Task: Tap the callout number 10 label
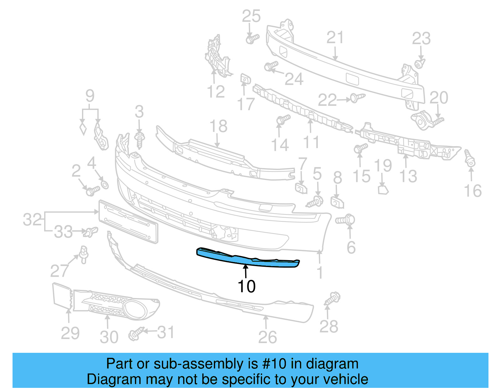[246, 286]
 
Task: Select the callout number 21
[335, 38]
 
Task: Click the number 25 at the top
[251, 16]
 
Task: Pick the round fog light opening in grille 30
[135, 309]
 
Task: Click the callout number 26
[267, 337]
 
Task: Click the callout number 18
[218, 126]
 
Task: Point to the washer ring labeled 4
[105, 184]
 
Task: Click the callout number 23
[421, 39]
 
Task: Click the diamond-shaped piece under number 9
[83, 129]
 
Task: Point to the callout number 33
[63, 232]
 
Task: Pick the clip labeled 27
[84, 254]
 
